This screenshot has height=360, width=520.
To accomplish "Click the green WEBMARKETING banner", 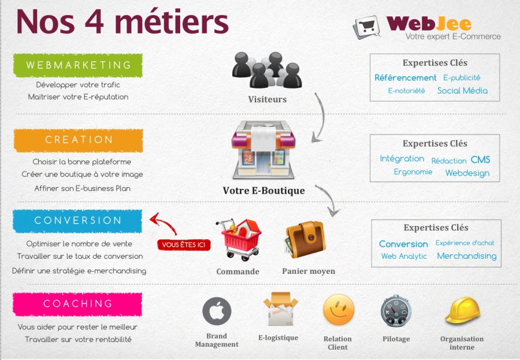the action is pos(78,65).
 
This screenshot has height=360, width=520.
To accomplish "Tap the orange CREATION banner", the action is pos(78,140).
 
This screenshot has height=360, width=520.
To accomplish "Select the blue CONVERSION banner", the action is pos(77,221).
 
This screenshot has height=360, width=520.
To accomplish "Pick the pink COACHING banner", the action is pos(77,304).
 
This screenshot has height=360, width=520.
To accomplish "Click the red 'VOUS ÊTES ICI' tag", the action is pos(184,245).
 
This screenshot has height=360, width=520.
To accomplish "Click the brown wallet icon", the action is pos(304,240).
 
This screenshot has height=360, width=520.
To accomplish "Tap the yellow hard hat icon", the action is pos(462,310).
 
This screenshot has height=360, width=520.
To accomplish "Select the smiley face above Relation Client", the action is pos(339,310).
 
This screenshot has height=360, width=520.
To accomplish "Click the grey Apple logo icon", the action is pos(217,311).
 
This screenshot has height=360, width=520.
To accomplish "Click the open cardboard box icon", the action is pos(281,309).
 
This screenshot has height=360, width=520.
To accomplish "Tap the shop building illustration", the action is pos(263,150).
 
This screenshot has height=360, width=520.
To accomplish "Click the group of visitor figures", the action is pos(267,70).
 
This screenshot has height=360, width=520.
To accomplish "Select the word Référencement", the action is pos(405,77).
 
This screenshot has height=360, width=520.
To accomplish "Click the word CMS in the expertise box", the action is pos(480,159).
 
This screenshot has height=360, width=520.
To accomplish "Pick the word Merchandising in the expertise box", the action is pos(467,256).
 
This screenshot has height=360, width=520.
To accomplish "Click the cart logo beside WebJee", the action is pos(366,27).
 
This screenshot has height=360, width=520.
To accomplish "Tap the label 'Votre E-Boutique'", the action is pos(263,191).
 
